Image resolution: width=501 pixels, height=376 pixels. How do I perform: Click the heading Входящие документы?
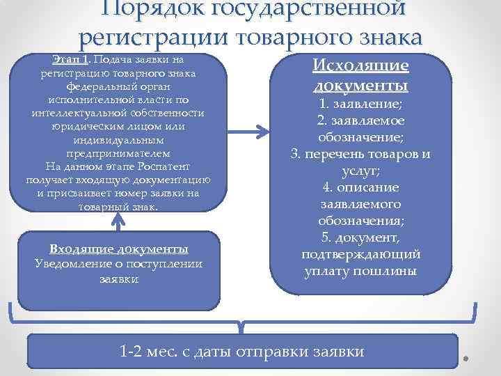pyautogui.click(x=119, y=249)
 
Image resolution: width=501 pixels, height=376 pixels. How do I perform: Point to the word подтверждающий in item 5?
pyautogui.click(x=360, y=253)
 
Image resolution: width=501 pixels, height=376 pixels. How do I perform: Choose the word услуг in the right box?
pyautogui.click(x=359, y=171)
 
